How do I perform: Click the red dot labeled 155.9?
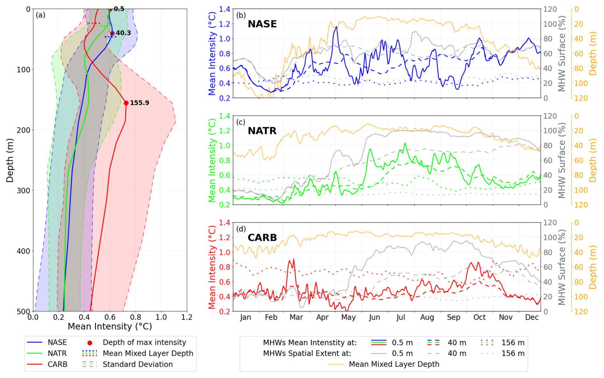126,103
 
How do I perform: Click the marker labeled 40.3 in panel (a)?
112,33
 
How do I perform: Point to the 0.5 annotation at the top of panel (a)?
119,9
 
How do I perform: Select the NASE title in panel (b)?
262,24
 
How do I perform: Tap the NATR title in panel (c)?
262,131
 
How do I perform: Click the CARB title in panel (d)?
262,238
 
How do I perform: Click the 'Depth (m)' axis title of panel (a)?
10,160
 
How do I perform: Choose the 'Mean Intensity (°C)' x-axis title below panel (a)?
109,327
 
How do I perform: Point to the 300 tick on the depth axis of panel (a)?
23,191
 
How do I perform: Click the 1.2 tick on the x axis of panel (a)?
187,317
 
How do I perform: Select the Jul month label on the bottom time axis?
401,317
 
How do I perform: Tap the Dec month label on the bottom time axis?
532,317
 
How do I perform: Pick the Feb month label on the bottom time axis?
271,317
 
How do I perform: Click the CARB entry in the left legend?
57,364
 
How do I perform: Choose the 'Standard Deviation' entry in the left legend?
138,364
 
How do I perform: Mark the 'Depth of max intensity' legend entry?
144,343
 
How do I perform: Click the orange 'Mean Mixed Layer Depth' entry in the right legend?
394,364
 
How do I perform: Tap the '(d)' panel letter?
241,229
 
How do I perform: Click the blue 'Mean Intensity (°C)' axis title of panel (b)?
212,53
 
